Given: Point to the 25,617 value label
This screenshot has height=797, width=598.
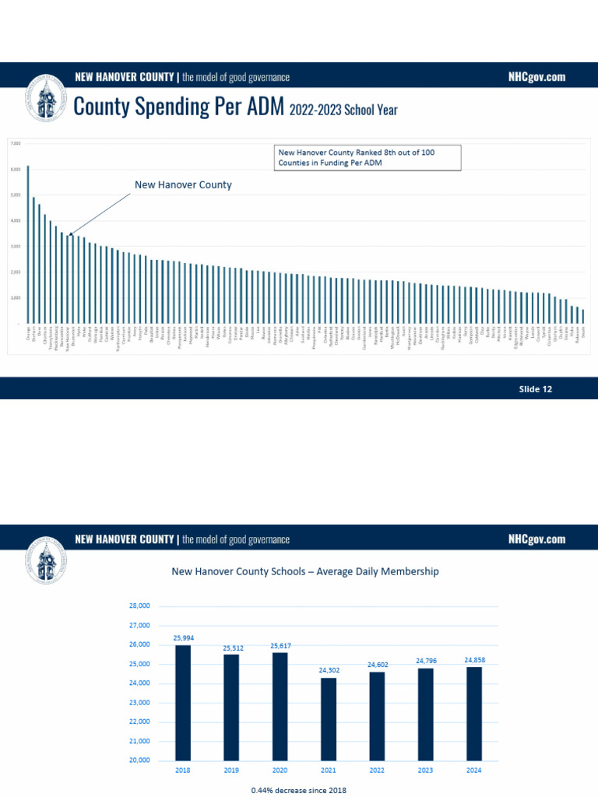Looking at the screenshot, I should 280,645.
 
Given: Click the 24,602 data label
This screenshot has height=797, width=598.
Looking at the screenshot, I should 377,665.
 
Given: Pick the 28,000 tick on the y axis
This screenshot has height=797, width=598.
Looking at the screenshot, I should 140,606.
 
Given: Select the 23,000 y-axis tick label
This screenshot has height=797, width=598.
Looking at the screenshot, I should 140,702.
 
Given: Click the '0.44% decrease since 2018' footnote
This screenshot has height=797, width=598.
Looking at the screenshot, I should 299,790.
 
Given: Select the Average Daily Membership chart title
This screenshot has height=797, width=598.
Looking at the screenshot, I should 305,571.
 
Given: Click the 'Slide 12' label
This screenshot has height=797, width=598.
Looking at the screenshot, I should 536,389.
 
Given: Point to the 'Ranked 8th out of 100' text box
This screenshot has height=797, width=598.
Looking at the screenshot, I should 367,158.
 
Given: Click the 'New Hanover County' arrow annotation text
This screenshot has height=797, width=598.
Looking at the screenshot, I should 183,185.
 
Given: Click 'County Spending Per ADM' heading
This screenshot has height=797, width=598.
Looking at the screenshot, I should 179,107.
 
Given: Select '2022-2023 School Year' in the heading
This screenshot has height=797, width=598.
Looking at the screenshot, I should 343,111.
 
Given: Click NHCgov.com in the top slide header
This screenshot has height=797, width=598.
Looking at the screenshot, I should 536,77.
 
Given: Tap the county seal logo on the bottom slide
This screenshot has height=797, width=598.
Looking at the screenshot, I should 47,560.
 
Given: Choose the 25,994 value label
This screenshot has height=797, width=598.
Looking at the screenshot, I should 183,637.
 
